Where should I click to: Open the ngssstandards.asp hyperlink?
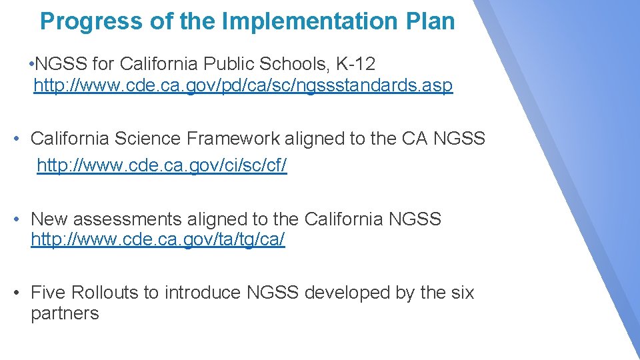[x=243, y=86]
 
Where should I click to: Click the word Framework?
[x=233, y=139]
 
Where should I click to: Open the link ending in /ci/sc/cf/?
[x=162, y=166]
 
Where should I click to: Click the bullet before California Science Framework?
[x=19, y=139]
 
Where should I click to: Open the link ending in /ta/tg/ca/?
[x=158, y=241]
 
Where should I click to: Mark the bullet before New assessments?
[x=19, y=219]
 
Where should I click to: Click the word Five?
[x=48, y=292]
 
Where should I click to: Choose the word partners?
[x=65, y=314]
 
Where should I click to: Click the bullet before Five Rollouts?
[x=19, y=292]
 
